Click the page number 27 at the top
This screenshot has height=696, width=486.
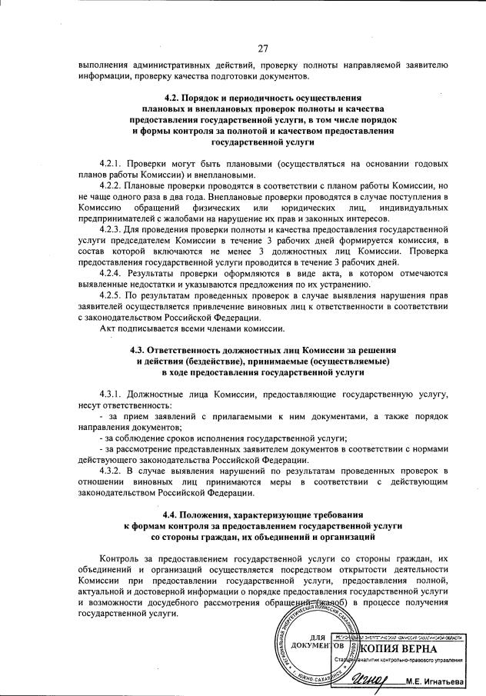tap(262, 48)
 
